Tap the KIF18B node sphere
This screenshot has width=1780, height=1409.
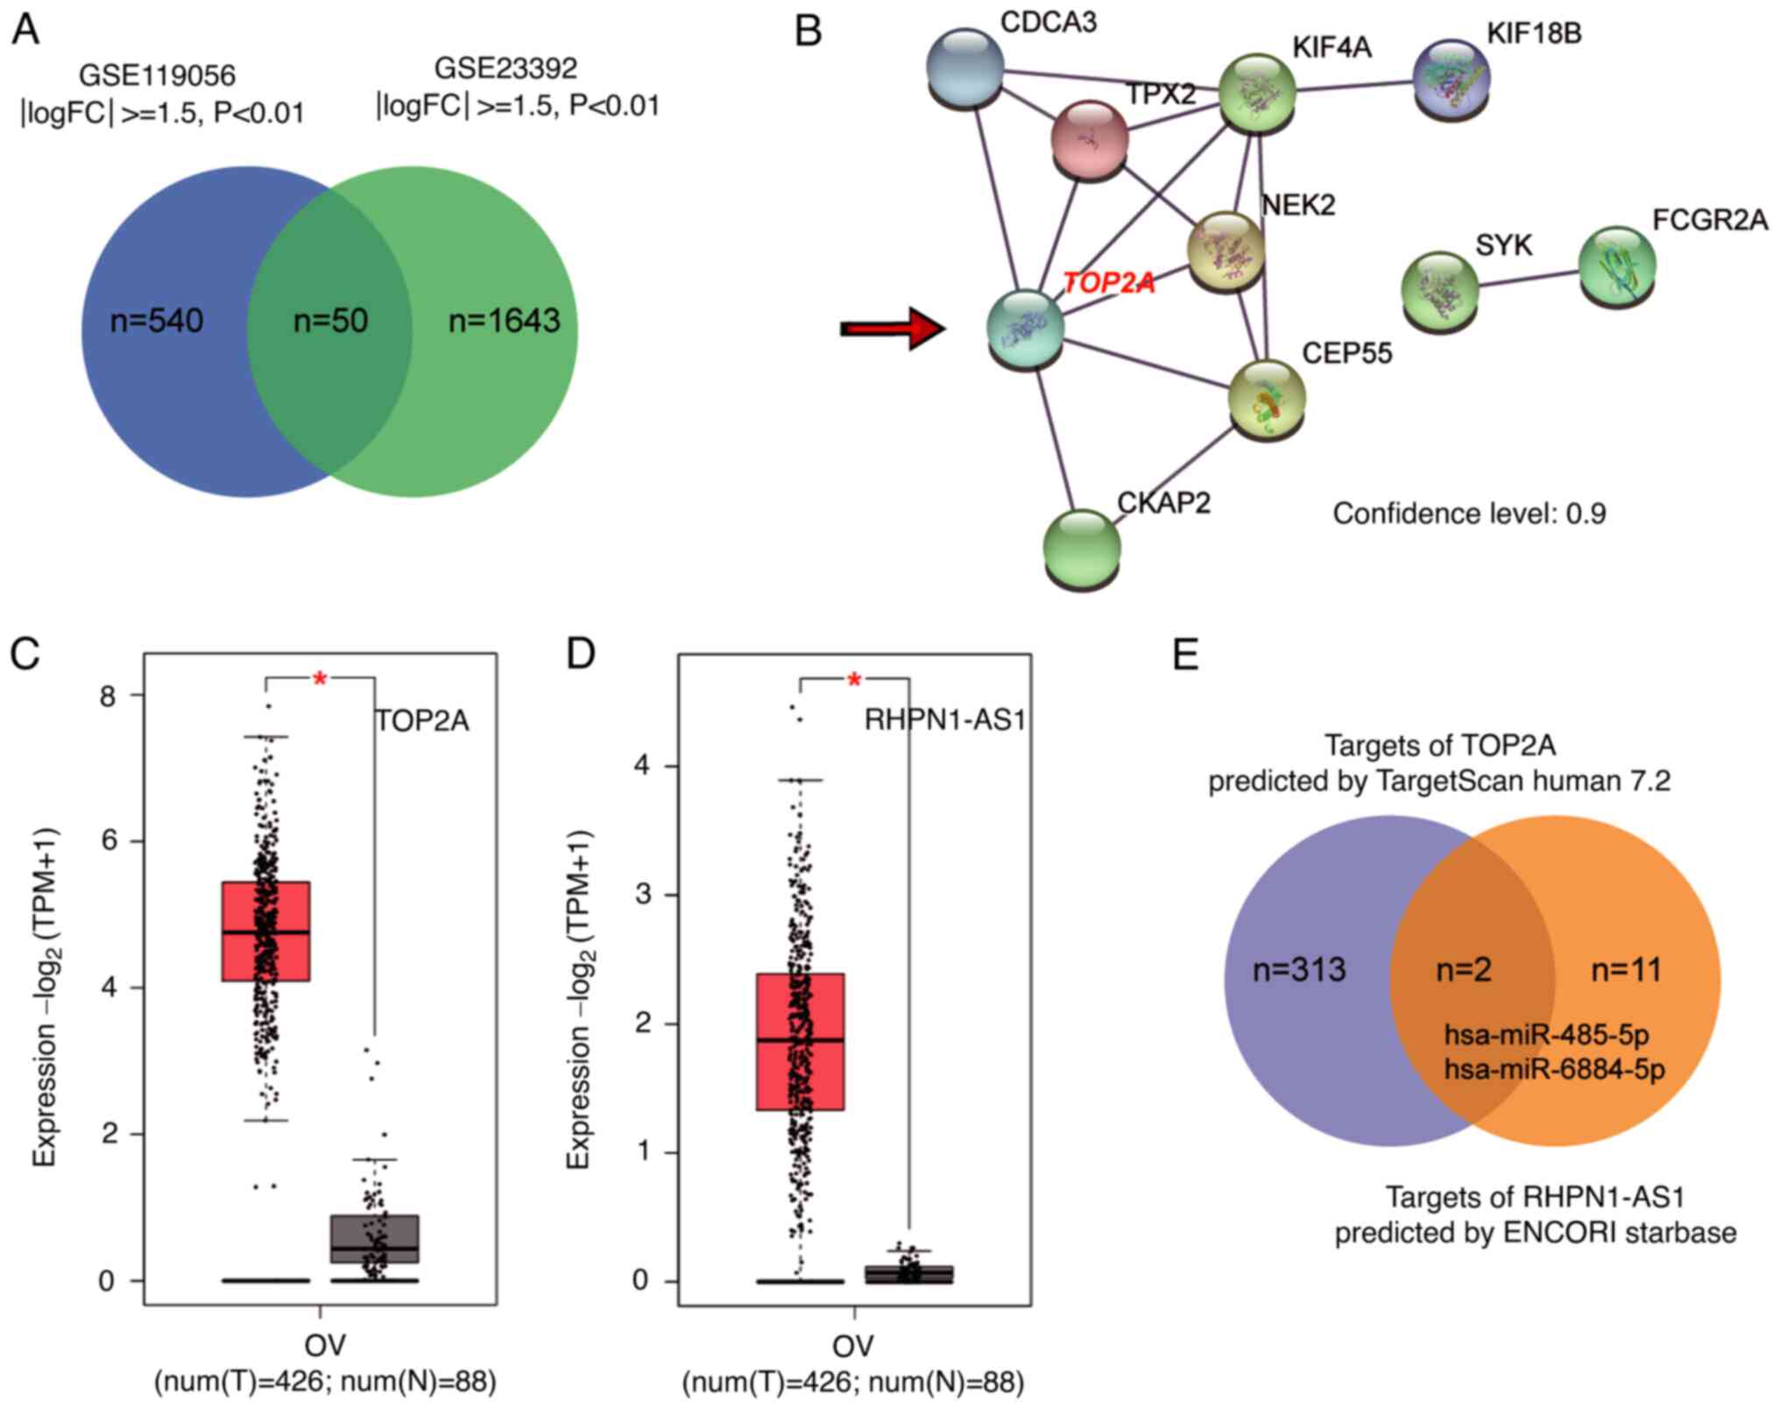pyautogui.click(x=1452, y=77)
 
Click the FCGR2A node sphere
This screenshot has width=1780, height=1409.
pyautogui.click(x=1617, y=266)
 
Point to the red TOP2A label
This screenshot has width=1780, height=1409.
pyautogui.click(x=1108, y=283)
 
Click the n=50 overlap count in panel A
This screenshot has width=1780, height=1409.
pyautogui.click(x=330, y=321)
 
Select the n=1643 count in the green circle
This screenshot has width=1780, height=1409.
pyautogui.click(x=504, y=321)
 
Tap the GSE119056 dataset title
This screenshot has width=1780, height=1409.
pyautogui.click(x=158, y=75)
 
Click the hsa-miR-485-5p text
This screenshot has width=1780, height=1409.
pyautogui.click(x=1546, y=1035)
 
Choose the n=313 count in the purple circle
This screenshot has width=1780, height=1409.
pyautogui.click(x=1299, y=970)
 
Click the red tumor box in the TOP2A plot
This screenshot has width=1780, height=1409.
pyautogui.click(x=266, y=931)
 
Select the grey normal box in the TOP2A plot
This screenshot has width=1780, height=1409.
pyautogui.click(x=374, y=1238)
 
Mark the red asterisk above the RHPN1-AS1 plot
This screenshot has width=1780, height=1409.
pyautogui.click(x=855, y=680)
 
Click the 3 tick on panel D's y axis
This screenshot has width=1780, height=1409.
pyautogui.click(x=644, y=895)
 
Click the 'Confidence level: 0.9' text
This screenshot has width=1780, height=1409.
pyautogui.click(x=1469, y=513)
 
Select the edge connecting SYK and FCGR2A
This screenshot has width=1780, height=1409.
pyautogui.click(x=1529, y=277)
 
